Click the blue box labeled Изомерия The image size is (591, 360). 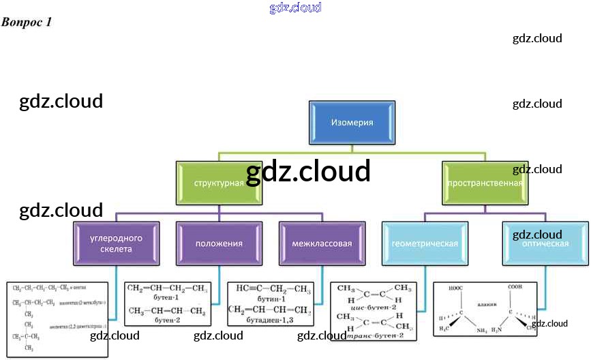point(352,123)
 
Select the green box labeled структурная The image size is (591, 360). point(218,183)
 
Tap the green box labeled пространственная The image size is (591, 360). point(485,183)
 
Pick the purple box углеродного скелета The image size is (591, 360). point(116,243)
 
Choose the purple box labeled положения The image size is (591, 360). point(218,243)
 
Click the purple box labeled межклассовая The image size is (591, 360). point(321,243)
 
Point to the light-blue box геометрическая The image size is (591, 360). point(425,243)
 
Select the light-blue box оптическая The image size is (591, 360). point(545,243)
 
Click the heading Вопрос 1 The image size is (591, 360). point(27,22)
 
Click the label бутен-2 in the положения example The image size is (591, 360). point(167,319)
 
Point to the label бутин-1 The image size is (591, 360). point(269,298)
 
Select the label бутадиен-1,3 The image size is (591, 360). point(269,320)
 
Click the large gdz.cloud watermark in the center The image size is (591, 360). point(308,172)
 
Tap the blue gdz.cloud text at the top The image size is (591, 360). point(295,8)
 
